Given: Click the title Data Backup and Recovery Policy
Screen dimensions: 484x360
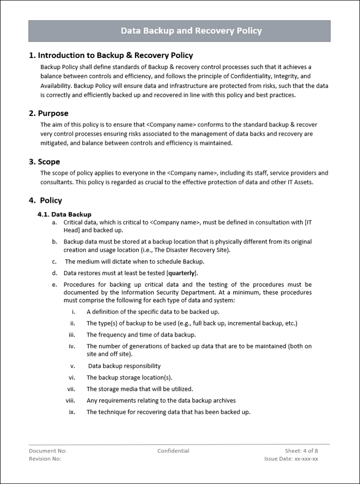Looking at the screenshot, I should click(191, 31).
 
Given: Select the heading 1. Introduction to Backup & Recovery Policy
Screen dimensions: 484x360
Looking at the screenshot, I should click(111, 55).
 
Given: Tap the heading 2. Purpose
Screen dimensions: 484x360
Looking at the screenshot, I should click(49, 113).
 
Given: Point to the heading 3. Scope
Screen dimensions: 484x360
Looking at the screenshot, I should click(45, 162).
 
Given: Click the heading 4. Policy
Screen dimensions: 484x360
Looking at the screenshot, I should click(46, 201).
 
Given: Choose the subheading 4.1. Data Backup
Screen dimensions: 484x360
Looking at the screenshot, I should click(64, 215).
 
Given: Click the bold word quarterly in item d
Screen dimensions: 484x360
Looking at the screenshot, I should click(182, 273).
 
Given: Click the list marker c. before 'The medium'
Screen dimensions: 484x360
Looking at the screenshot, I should click(54, 262).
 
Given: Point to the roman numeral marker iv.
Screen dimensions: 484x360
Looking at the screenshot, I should click(72, 346).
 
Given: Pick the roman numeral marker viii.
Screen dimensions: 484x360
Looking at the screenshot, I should click(70, 400).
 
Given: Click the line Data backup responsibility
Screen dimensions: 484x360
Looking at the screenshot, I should click(124, 366).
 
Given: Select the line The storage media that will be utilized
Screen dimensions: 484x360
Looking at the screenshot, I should click(140, 389).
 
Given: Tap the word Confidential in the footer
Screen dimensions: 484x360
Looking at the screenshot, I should click(173, 451).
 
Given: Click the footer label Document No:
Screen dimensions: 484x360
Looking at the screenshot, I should click(48, 451).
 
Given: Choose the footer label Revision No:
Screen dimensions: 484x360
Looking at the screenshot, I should click(45, 459).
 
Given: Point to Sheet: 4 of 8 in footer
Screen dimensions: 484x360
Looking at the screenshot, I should click(301, 451).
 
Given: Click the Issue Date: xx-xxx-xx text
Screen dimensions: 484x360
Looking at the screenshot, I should click(291, 459).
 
